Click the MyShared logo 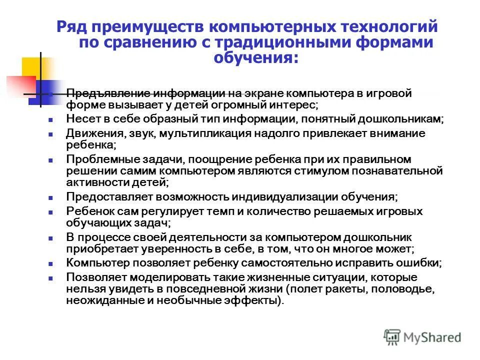tap(422, 337)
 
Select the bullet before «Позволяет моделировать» tap(50, 278)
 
